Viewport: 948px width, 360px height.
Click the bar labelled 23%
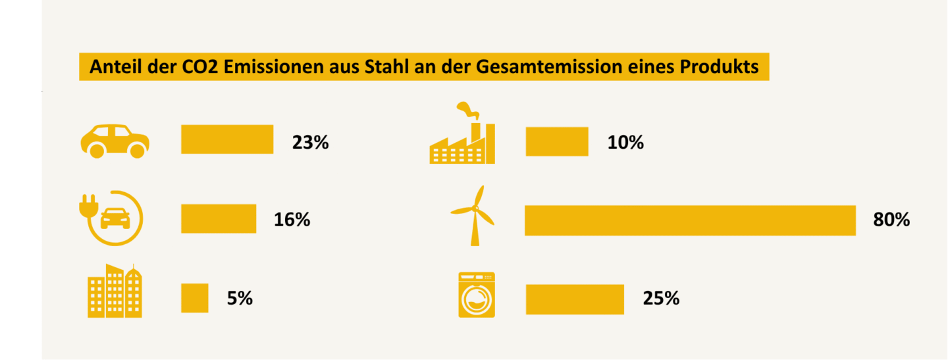point(227,140)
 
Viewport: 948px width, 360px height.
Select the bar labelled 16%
point(219,219)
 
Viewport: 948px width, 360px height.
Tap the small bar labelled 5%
point(195,298)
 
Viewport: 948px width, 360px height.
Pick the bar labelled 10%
point(557,141)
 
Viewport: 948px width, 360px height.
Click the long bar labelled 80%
point(690,220)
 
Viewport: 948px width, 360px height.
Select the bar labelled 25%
point(575,299)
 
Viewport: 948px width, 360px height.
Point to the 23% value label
point(310,142)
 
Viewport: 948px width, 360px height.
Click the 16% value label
point(292,220)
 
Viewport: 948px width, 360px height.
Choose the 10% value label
point(625,142)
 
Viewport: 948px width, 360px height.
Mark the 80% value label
point(891,220)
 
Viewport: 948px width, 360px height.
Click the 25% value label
point(661,299)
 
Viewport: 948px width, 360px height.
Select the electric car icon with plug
point(111,217)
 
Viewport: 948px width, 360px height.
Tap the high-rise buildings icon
point(115,292)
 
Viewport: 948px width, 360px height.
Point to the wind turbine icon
point(473,215)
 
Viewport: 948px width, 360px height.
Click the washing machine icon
point(477,295)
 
